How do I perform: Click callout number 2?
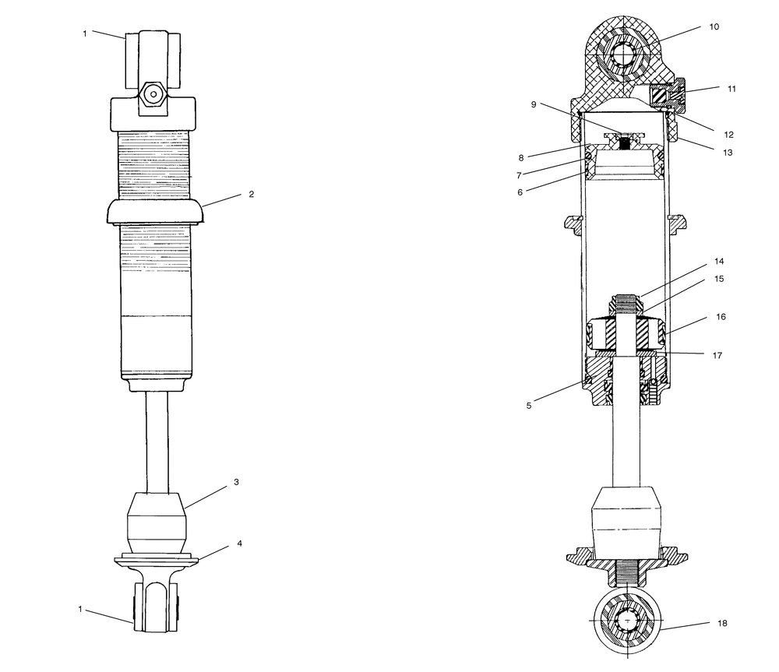click(x=252, y=195)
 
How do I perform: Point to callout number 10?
click(x=714, y=26)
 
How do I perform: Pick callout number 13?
click(x=728, y=153)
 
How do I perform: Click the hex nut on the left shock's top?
click(x=154, y=95)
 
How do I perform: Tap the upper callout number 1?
click(x=86, y=33)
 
